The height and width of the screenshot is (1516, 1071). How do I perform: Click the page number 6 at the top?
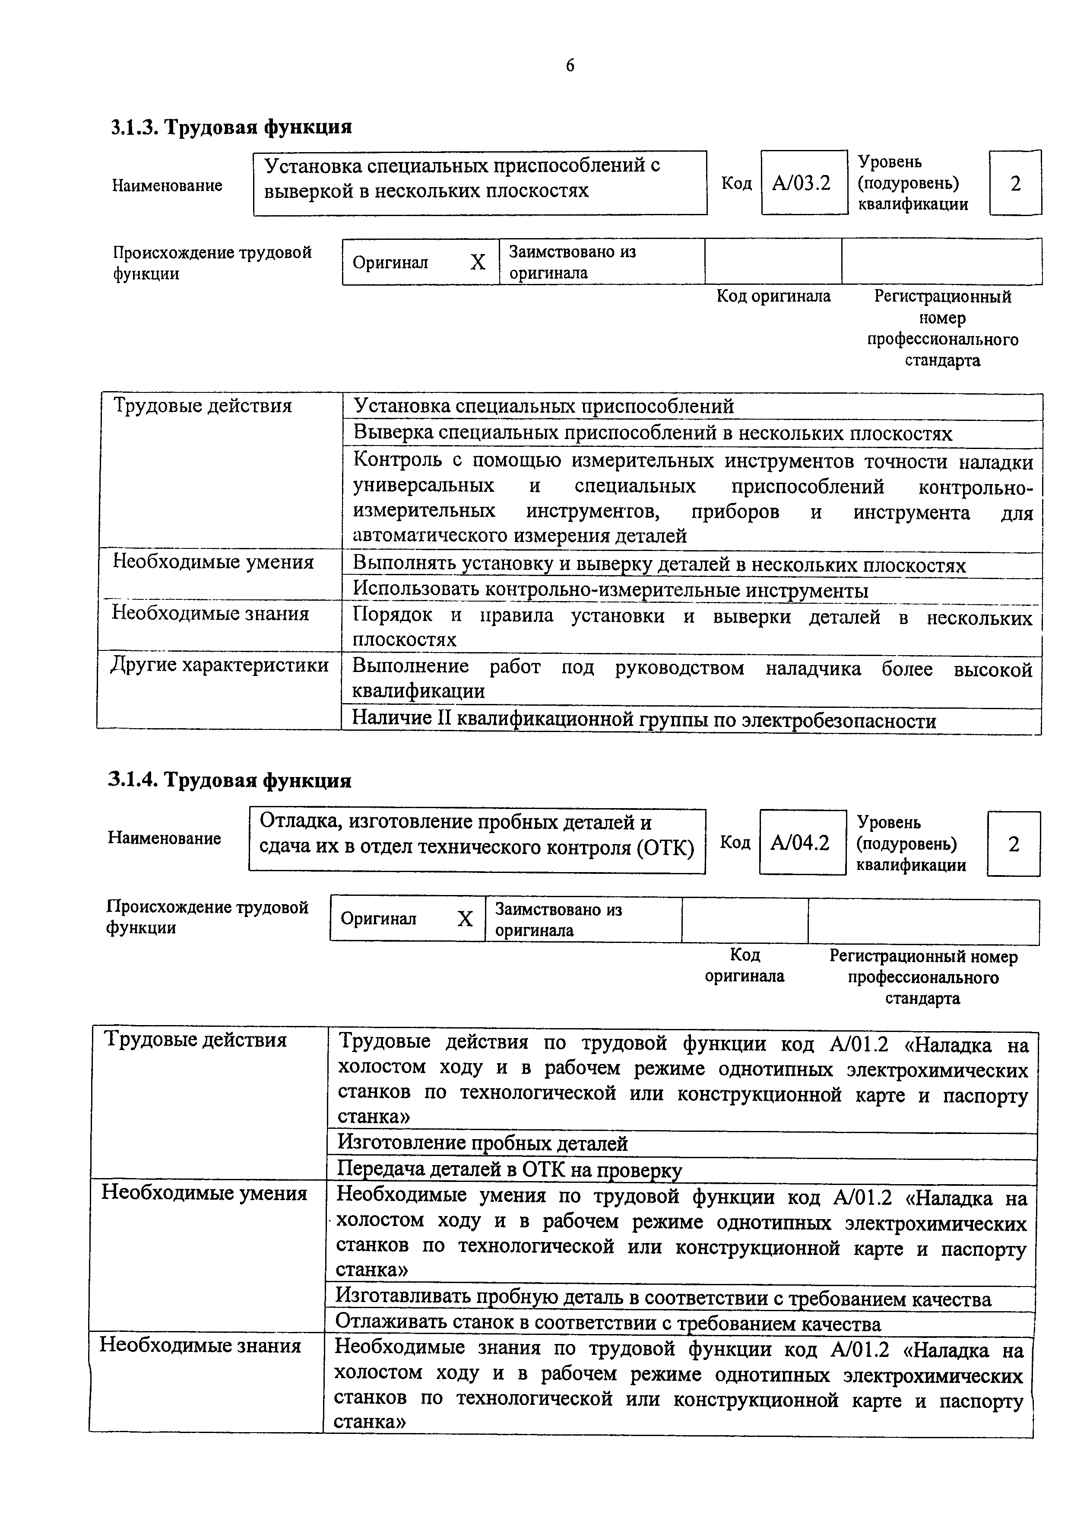click(x=570, y=65)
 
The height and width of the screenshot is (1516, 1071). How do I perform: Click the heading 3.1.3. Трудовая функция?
click(x=230, y=126)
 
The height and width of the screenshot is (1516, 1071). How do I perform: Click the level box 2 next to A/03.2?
click(x=1015, y=183)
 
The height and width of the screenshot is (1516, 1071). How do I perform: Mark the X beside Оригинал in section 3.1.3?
click(x=477, y=262)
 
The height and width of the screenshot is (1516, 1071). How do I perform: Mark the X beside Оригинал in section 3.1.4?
click(x=465, y=918)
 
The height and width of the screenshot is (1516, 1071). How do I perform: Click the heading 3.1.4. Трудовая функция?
click(x=229, y=780)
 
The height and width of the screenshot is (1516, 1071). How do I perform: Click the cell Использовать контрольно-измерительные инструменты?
click(x=610, y=590)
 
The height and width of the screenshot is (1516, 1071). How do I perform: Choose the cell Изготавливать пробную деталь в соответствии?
click(x=662, y=1298)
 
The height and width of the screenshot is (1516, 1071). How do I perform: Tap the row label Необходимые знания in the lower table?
click(x=200, y=1346)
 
